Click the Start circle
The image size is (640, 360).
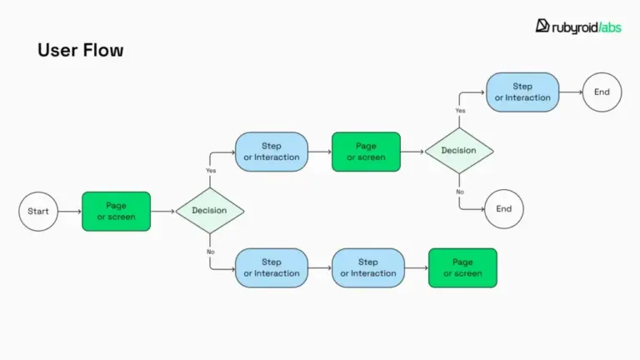coord(38,211)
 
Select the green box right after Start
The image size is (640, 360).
coord(116,211)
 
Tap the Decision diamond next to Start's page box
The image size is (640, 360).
coord(209,211)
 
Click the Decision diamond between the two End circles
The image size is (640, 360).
coord(459,151)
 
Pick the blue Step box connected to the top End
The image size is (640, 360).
coord(522,92)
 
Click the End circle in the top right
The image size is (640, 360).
coord(602,92)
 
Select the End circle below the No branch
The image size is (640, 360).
coord(503,209)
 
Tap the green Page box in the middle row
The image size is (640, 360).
coord(366,152)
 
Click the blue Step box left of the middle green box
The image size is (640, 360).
coord(272,152)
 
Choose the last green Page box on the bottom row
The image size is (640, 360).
coord(462,267)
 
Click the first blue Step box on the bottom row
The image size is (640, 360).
coord(272,267)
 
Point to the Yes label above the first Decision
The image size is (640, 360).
coord(210,170)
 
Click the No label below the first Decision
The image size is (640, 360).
coord(210,251)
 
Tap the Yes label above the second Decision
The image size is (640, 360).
coord(460,110)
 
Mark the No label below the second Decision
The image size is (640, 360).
coord(460,192)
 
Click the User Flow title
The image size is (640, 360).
coord(80,50)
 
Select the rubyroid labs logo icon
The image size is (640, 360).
coord(542,26)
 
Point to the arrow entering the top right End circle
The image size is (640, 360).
coord(570,92)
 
